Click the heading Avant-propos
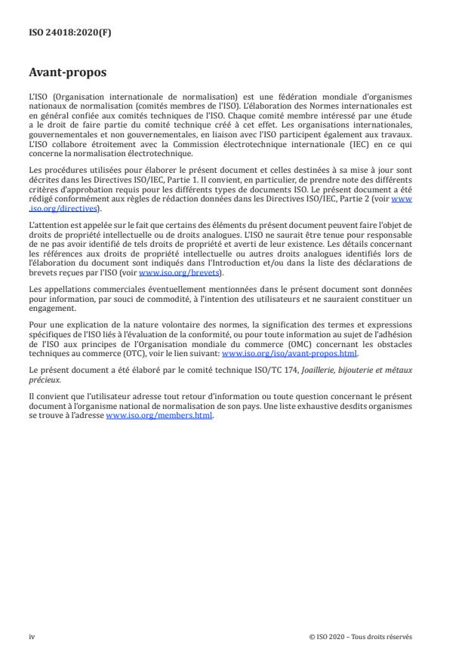67,73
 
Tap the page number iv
32,636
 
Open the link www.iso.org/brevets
170,273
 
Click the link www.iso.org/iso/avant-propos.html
289,352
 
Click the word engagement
50,308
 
